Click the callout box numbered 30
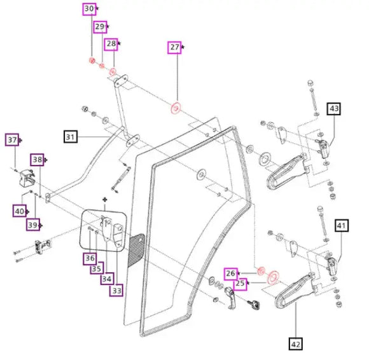pyautogui.click(x=90, y=9)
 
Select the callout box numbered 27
pyautogui.click(x=174, y=48)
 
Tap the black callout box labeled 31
pyautogui.click(x=71, y=137)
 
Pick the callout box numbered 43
pyautogui.click(x=334, y=109)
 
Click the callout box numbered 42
pyautogui.click(x=296, y=343)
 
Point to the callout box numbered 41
pyautogui.click(x=342, y=226)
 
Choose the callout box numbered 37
pyautogui.click(x=12, y=140)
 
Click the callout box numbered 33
pyautogui.click(x=116, y=290)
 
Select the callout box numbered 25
pyautogui.click(x=240, y=284)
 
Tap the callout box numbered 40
pyautogui.click(x=20, y=211)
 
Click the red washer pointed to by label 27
pyautogui.click(x=176, y=108)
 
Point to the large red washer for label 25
pyautogui.click(x=273, y=278)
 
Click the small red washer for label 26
pyautogui.click(x=261, y=271)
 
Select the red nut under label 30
pyautogui.click(x=92, y=60)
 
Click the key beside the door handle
pyautogui.click(x=254, y=305)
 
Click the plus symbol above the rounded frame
pyautogui.click(x=105, y=200)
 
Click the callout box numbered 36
pyautogui.click(x=90, y=258)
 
